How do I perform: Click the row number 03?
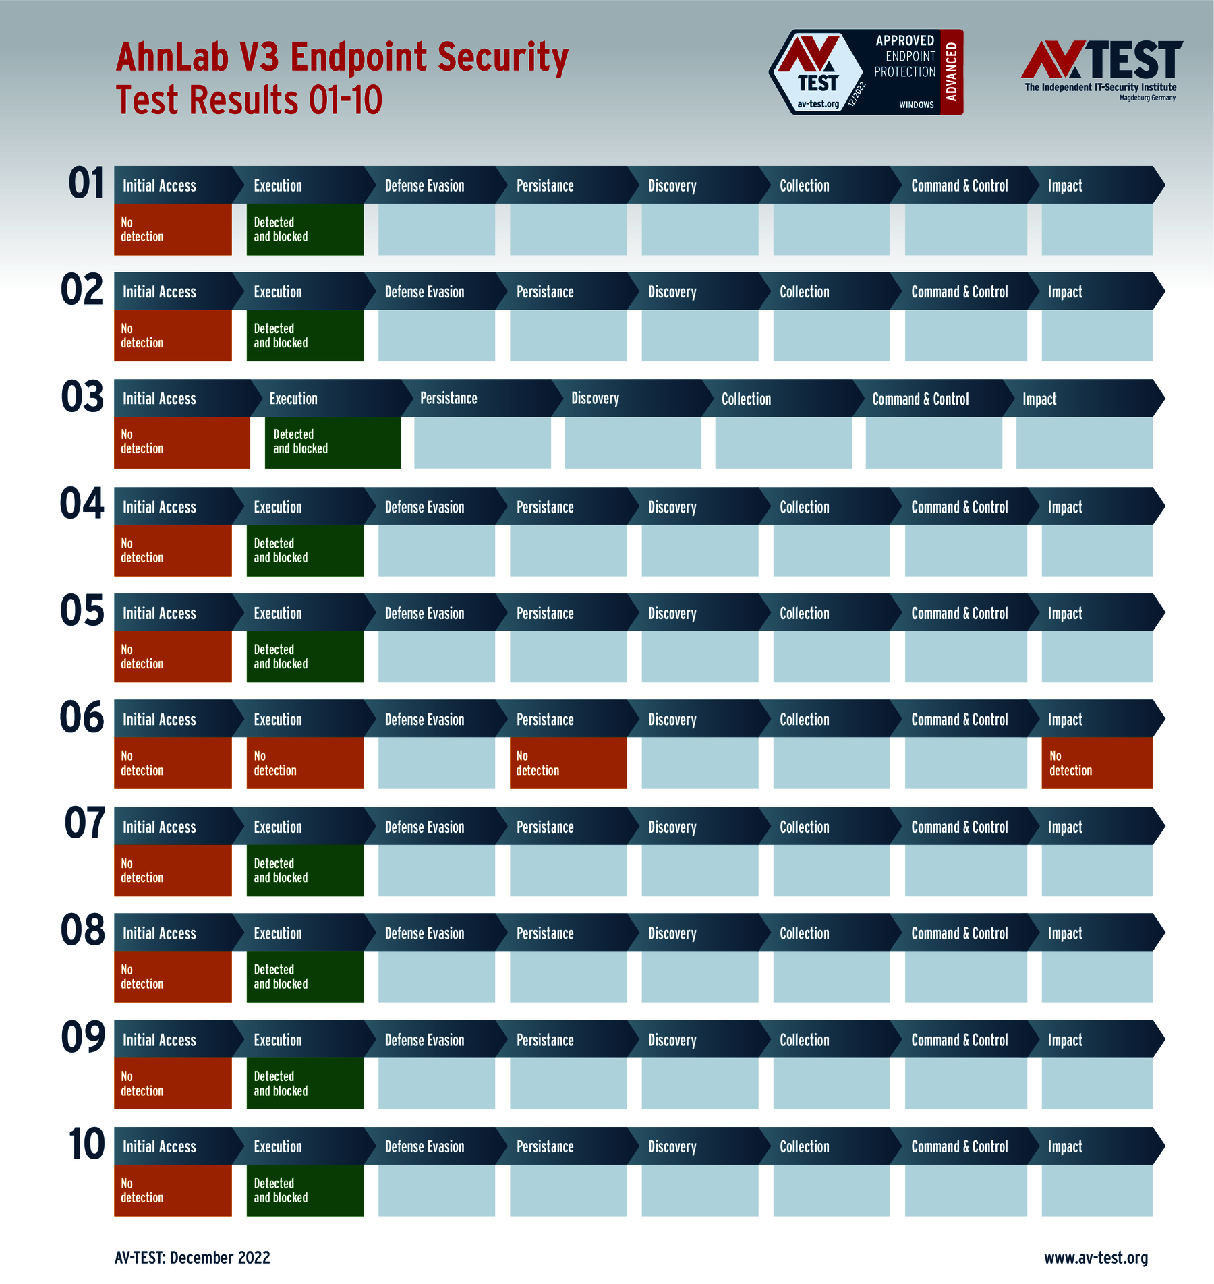point(82,397)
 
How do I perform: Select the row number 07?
point(85,823)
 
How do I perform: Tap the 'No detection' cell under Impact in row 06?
point(1097,763)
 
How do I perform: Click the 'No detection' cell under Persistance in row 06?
point(568,763)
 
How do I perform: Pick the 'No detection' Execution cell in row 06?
point(305,763)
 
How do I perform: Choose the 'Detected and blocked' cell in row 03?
point(333,442)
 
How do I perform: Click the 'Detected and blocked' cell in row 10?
point(305,1190)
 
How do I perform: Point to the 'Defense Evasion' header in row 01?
point(424,186)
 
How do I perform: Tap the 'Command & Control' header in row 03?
point(920,399)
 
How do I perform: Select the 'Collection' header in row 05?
point(804,614)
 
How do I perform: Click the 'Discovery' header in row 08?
point(672,934)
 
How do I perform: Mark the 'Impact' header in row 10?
point(1065,1147)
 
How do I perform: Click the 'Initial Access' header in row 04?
point(159,507)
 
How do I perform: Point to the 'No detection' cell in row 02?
point(173,336)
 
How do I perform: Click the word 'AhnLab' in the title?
point(172,57)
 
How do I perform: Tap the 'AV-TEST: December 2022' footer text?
point(192,1258)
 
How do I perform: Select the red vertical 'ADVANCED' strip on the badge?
point(952,71)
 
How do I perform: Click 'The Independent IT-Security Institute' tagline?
point(1100,88)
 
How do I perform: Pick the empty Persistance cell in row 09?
point(568,1083)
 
